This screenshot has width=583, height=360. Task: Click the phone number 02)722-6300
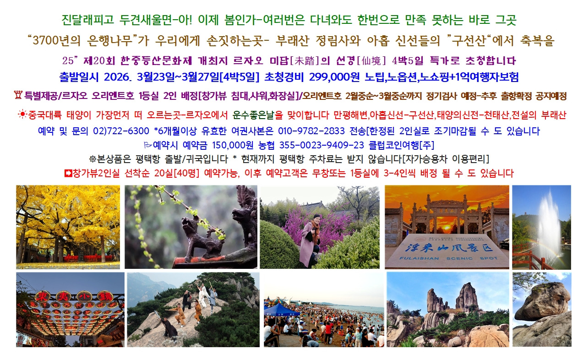[121, 131]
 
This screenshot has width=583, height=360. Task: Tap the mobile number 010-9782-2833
[311, 131]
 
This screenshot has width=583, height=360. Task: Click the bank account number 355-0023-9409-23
[321, 145]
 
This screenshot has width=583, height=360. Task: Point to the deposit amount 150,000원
[233, 145]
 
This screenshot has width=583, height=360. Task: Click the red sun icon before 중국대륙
[22, 114]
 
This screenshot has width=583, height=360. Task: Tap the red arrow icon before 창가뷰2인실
[68, 173]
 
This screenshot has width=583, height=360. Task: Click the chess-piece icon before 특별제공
[18, 95]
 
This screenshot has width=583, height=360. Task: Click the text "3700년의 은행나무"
[83, 40]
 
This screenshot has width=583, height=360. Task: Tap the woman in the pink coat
[310, 240]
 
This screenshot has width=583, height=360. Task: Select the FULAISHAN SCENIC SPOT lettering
[448, 258]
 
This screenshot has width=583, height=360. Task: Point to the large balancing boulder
[543, 301]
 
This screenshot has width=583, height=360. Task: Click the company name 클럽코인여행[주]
[401, 145]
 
